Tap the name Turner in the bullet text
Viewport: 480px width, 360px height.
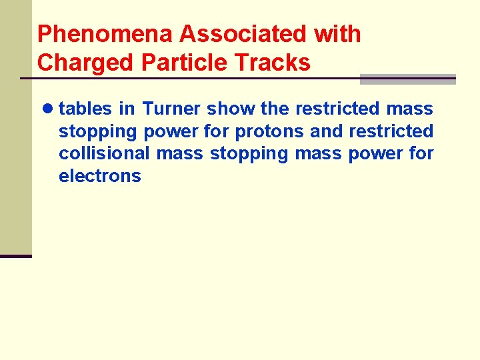[171, 109]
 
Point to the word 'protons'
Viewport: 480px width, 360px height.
[270, 131]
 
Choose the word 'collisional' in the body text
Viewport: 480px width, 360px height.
[104, 153]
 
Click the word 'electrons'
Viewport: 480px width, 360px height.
[100, 176]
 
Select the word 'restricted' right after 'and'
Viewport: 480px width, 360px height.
[391, 131]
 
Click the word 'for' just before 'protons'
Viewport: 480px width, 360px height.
[218, 131]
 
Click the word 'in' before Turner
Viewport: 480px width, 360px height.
[127, 109]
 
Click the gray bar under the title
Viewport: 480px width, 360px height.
[407, 79]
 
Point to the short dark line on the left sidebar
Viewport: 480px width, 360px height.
[15, 256]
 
